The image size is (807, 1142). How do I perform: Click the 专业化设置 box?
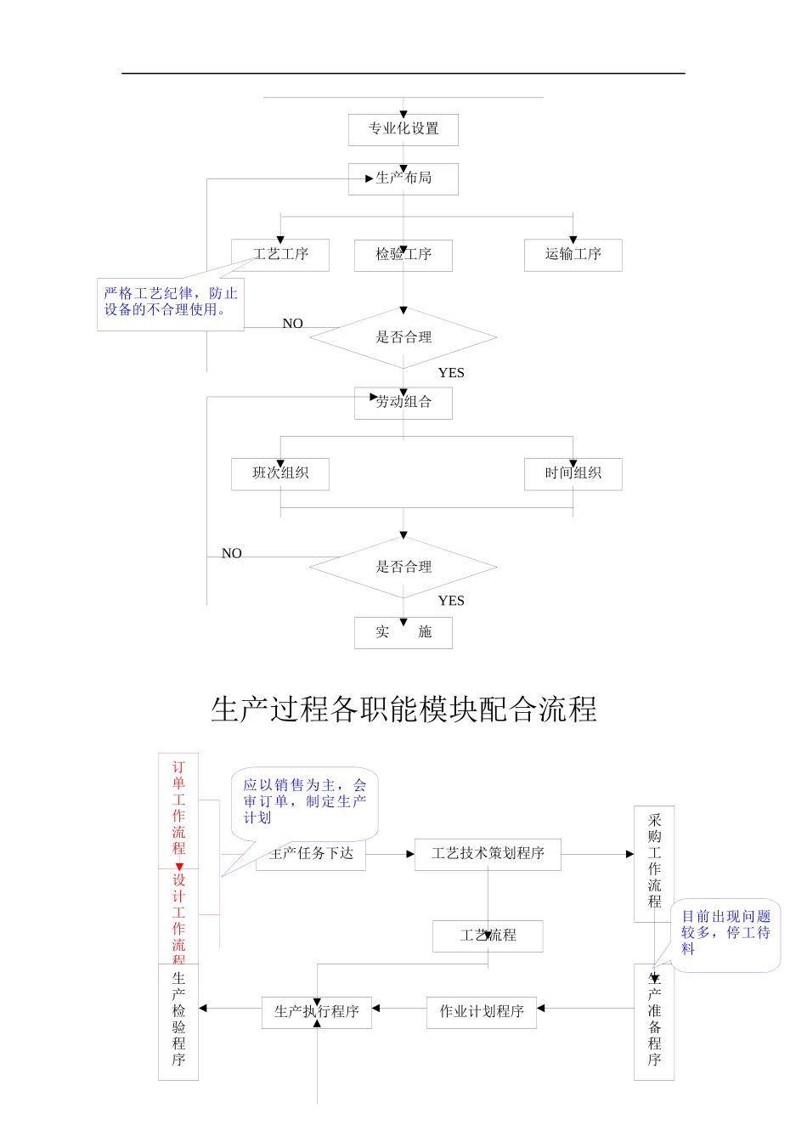click(403, 129)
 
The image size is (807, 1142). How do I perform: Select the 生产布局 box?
click(403, 178)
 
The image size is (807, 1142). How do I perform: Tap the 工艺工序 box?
click(280, 255)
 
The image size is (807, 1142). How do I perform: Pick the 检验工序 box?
click(403, 255)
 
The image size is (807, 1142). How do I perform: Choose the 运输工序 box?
click(573, 255)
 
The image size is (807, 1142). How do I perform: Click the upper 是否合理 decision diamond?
click(403, 337)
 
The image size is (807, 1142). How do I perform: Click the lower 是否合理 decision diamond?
click(403, 567)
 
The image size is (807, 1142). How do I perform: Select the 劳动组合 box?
click(403, 403)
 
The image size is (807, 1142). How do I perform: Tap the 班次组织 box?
click(280, 474)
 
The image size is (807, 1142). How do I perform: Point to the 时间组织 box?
click(573, 474)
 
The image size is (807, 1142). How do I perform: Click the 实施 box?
click(403, 633)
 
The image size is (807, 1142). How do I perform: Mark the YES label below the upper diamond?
click(451, 373)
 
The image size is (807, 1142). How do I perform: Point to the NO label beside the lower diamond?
click(232, 553)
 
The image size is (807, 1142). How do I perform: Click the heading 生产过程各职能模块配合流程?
click(403, 710)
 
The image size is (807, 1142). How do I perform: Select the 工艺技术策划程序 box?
click(488, 854)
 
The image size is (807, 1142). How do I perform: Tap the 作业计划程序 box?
click(482, 1012)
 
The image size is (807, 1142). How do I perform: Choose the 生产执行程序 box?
click(317, 1012)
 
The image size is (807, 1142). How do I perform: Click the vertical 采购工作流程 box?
click(654, 862)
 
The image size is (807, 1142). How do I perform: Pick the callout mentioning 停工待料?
click(726, 933)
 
